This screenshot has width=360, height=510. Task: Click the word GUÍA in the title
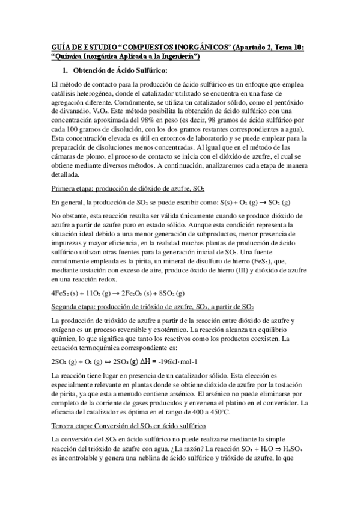(61, 47)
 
